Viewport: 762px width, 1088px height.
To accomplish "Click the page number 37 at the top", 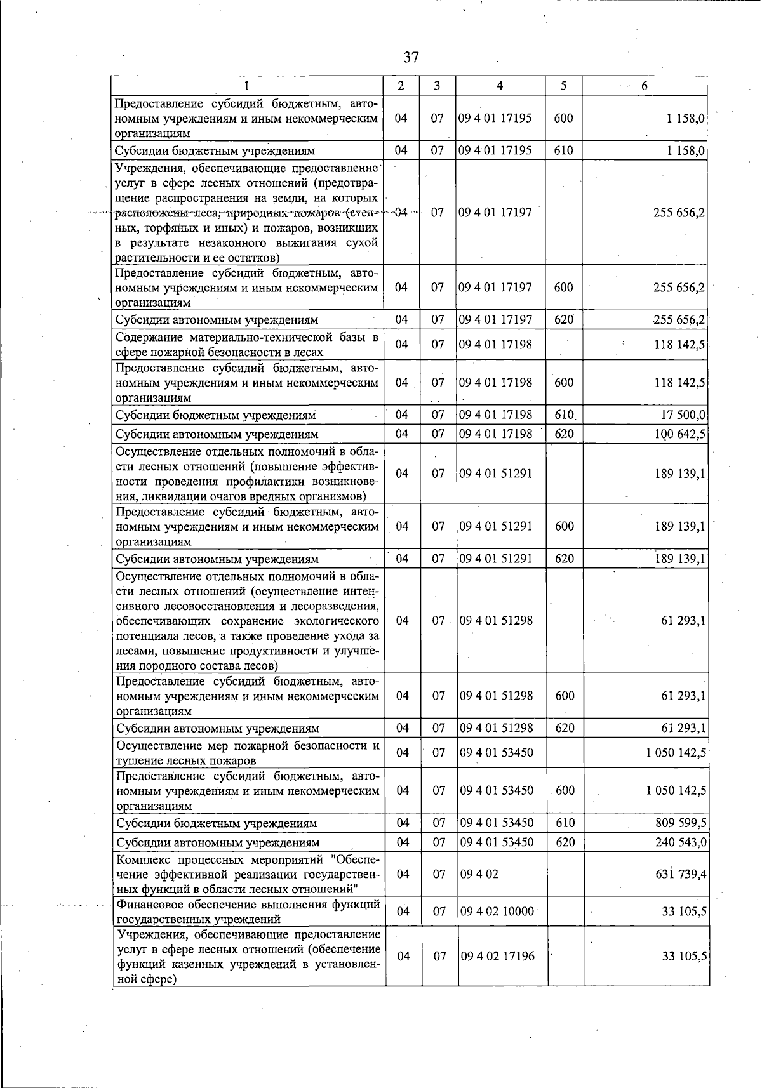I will (x=411, y=57).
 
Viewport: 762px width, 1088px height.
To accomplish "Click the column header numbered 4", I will (x=500, y=86).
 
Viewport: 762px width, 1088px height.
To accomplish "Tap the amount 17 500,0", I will (x=683, y=415).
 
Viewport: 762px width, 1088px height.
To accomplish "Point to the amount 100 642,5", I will (x=679, y=434).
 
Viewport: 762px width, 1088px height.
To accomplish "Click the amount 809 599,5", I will (x=681, y=823).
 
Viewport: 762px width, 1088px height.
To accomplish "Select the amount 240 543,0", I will (x=681, y=842).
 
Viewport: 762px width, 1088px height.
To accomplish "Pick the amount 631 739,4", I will (x=681, y=874).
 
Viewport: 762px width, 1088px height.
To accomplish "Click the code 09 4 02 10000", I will (x=497, y=912).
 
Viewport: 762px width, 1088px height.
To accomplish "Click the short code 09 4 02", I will (x=479, y=874).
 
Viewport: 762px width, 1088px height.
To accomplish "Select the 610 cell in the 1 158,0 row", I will (x=563, y=150).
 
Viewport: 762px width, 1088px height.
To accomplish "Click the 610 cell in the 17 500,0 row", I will (x=564, y=415).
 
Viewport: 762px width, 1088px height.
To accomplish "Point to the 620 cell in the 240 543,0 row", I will (x=565, y=842).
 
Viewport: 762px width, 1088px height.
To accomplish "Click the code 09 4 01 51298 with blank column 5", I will (x=497, y=620).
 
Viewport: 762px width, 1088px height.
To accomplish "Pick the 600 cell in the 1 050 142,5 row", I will (x=565, y=790).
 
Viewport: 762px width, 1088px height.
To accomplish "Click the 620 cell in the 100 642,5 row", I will (x=564, y=434).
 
